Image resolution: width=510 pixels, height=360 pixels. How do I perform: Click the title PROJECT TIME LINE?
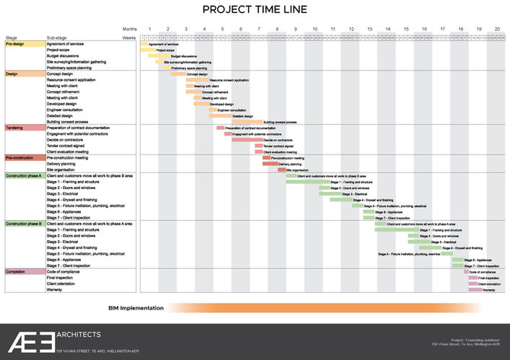click(x=255, y=9)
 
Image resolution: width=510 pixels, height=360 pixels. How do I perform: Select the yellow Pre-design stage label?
click(x=15, y=44)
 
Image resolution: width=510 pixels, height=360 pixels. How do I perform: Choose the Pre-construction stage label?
click(x=21, y=157)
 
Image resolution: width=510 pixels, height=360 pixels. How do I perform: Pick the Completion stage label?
click(x=15, y=271)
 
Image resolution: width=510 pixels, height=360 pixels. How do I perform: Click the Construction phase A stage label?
click(x=25, y=175)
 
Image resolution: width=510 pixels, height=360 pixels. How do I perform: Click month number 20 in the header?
click(x=496, y=28)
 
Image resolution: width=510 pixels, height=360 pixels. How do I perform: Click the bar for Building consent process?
click(x=247, y=122)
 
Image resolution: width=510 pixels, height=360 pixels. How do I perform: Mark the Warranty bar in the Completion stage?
click(x=475, y=289)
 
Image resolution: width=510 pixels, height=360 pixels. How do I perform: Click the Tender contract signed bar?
click(x=258, y=146)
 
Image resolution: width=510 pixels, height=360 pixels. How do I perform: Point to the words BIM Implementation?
click(x=136, y=308)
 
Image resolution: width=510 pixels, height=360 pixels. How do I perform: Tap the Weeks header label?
click(x=129, y=36)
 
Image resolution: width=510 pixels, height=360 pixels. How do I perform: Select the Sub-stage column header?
click(x=57, y=37)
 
